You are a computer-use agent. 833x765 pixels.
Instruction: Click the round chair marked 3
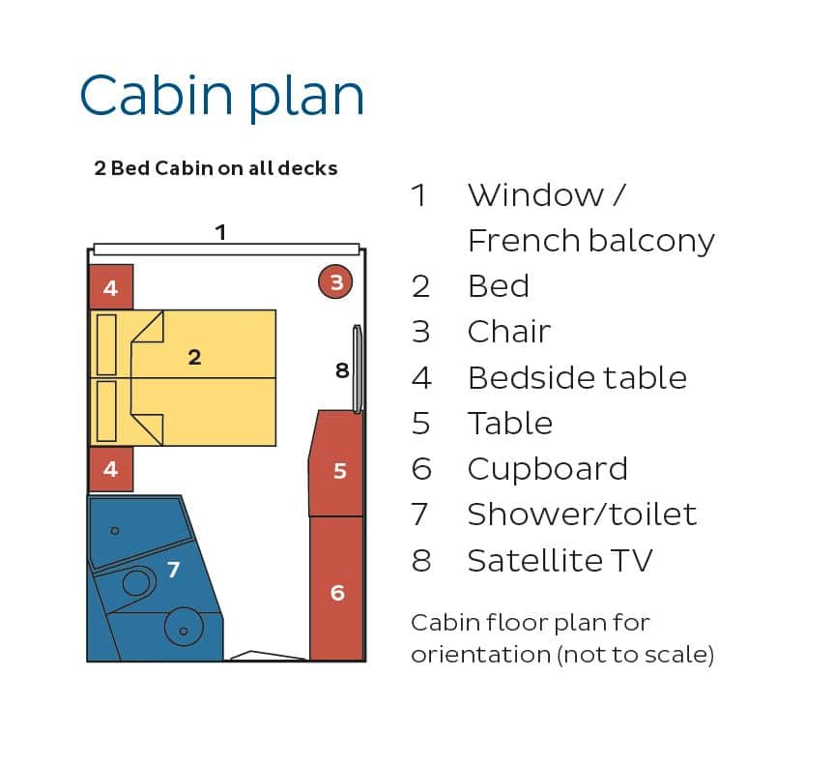tap(335, 281)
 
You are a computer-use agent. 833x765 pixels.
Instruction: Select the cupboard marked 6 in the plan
tap(337, 589)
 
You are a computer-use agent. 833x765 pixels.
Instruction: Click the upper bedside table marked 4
tap(110, 287)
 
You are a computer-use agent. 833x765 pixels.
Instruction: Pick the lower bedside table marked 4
tap(110, 469)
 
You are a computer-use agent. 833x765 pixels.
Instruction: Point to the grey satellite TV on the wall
tap(358, 368)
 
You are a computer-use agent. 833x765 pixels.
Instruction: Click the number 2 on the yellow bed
tap(194, 357)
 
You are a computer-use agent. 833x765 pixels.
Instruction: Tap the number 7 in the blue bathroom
tap(174, 570)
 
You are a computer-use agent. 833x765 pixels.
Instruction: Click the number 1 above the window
tap(221, 232)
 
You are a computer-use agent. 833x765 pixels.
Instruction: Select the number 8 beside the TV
tap(342, 370)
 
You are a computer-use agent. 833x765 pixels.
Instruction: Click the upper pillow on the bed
tap(106, 344)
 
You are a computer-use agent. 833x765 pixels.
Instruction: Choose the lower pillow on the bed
tap(106, 411)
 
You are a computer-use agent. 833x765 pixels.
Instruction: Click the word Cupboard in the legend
tap(548, 469)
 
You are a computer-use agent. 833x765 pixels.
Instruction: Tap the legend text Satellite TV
tap(560, 560)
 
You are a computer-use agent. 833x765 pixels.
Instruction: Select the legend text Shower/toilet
tap(583, 515)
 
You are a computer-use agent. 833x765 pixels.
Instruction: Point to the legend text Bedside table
tap(578, 378)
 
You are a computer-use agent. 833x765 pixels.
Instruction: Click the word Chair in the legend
tap(509, 332)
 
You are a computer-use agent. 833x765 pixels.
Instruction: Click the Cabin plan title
tap(222, 96)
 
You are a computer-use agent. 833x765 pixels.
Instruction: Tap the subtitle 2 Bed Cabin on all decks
tap(215, 168)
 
